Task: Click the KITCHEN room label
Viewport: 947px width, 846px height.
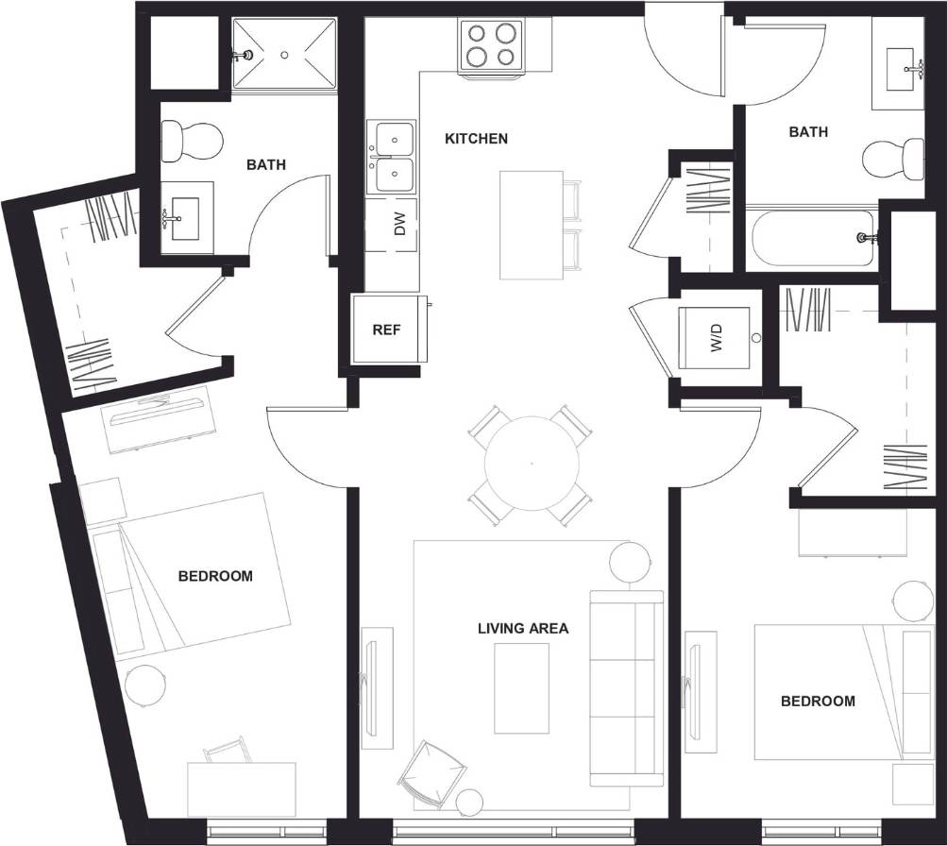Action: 476,139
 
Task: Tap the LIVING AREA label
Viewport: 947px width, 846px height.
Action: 522,628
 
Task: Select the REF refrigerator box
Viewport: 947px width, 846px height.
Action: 386,330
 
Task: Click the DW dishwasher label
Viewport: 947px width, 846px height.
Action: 399,225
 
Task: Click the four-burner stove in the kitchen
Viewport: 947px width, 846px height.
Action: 492,45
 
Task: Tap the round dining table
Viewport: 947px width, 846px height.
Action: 531,464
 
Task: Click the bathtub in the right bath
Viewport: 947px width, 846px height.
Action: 813,238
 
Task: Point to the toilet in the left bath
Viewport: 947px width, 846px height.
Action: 191,141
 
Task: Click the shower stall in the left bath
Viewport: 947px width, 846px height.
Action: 284,55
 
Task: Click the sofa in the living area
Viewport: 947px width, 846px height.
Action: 625,687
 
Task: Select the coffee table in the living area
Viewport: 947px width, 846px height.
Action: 521,687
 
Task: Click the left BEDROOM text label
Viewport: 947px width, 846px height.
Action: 215,576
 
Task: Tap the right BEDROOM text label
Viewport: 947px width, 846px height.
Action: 818,701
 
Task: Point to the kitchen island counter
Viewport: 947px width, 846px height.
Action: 531,225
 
